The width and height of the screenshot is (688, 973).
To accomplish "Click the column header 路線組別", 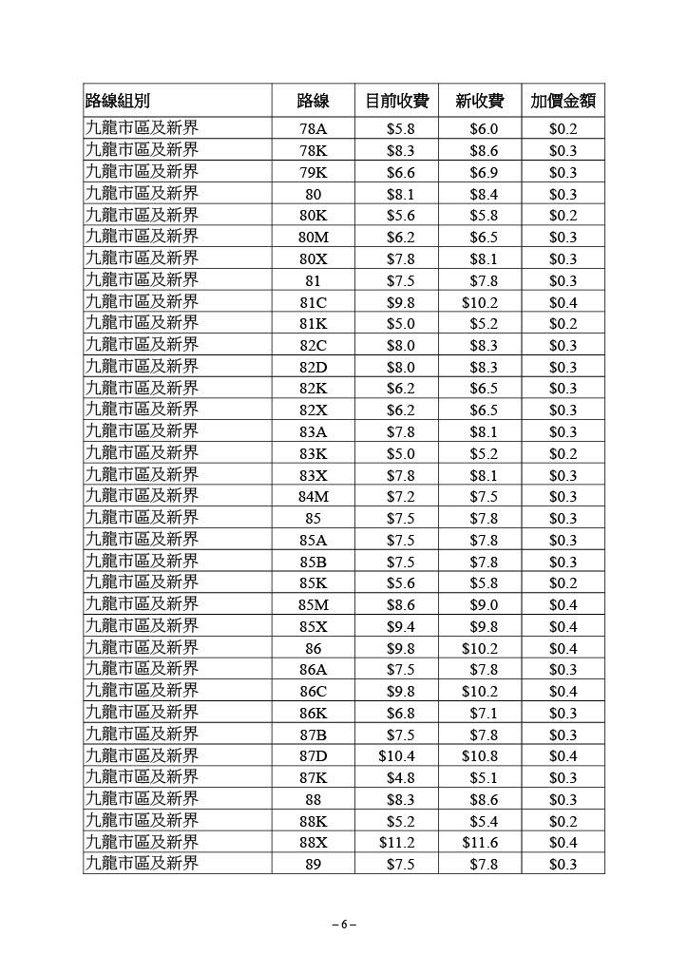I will pyautogui.click(x=118, y=102).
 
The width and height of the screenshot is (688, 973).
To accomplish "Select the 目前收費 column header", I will pyautogui.click(x=398, y=102).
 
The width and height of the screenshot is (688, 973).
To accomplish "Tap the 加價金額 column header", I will pyautogui.click(x=563, y=102).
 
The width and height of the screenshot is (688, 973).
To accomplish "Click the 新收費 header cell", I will pyautogui.click(x=481, y=102).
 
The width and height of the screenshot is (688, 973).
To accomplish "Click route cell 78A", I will pyautogui.click(x=313, y=129).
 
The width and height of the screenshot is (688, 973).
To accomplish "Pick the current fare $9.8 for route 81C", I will pyautogui.click(x=399, y=302).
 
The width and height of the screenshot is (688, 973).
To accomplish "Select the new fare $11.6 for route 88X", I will pyautogui.click(x=480, y=842).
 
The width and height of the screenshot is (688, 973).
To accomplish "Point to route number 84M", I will pyautogui.click(x=313, y=496).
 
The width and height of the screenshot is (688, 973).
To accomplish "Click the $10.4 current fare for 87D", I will pyautogui.click(x=397, y=755).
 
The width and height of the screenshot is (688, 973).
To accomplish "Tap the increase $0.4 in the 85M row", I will pyautogui.click(x=563, y=604).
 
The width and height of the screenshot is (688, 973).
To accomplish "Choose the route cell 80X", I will pyautogui.click(x=313, y=258).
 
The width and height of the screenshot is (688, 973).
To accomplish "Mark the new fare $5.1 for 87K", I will pyautogui.click(x=483, y=777).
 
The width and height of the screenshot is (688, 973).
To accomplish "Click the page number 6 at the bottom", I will pyautogui.click(x=344, y=924).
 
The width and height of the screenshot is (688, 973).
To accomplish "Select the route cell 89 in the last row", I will pyautogui.click(x=313, y=864).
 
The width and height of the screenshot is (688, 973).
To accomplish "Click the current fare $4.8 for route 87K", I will pyautogui.click(x=399, y=777).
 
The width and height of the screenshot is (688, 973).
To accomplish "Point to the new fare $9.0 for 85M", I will pyautogui.click(x=483, y=604).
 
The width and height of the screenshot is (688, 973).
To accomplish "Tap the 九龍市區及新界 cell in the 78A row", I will pyautogui.click(x=143, y=128).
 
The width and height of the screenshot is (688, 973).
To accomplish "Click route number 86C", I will pyautogui.click(x=313, y=691).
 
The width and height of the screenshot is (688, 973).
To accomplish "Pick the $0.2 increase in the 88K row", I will pyautogui.click(x=563, y=820).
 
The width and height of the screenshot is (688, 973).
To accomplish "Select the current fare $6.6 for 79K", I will pyautogui.click(x=399, y=173).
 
